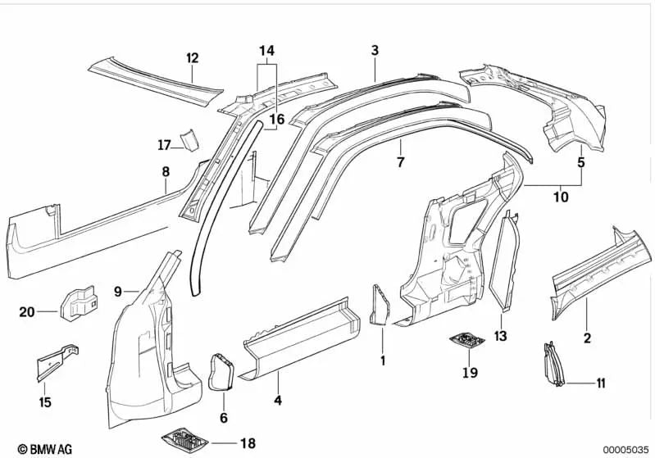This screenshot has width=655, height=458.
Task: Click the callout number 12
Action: coord(193,57)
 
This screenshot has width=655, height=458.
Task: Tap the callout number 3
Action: coord(375,51)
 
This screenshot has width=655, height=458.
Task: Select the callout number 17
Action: coord(165,146)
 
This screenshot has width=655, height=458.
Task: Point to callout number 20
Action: coord(27,311)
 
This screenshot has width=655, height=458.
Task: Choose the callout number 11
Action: coord(601,383)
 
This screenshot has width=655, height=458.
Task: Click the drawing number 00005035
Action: coord(625,449)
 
